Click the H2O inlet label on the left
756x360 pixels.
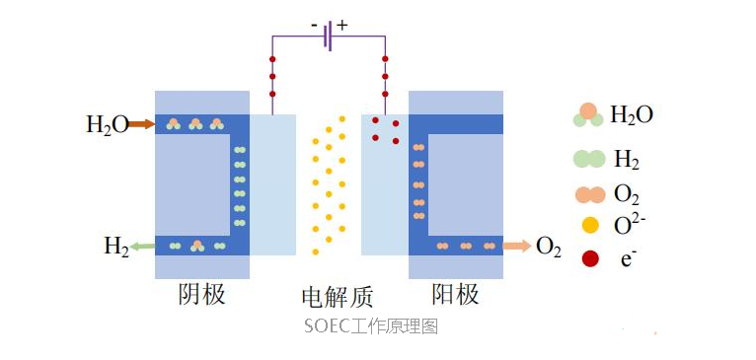[x=107, y=124]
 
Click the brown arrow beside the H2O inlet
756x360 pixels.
[x=141, y=124]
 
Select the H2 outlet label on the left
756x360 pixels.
[x=116, y=247]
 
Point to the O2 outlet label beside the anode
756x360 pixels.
[x=548, y=247]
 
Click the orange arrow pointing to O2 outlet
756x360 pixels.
[x=516, y=246]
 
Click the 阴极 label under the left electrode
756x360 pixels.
[x=201, y=294]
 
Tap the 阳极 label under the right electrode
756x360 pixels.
[x=455, y=294]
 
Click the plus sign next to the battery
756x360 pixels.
[x=342, y=24]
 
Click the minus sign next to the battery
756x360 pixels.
[x=313, y=24]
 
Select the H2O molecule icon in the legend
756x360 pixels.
[x=588, y=115]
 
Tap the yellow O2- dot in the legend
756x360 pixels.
[x=590, y=225]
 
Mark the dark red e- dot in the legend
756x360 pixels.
[x=590, y=259]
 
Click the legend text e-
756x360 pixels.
[x=627, y=259]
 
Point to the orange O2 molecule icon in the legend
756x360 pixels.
[x=589, y=192]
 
